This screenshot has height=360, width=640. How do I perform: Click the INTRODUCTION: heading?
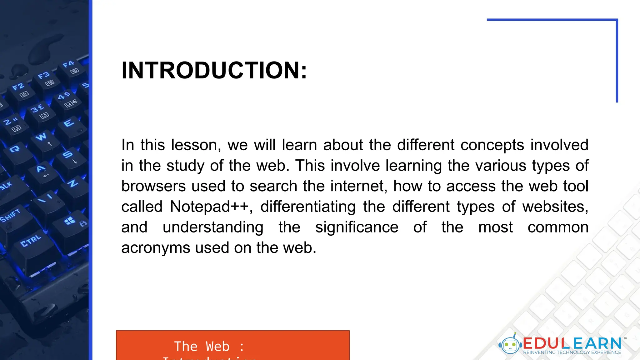(214, 70)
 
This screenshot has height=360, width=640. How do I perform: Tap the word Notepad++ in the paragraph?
(209, 207)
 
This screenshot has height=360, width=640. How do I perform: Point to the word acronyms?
(155, 248)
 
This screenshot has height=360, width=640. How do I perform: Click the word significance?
(357, 227)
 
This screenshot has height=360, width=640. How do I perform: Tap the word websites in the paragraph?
(555, 207)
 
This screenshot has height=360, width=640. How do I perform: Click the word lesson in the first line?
(196, 145)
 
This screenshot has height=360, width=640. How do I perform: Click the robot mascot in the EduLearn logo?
(510, 345)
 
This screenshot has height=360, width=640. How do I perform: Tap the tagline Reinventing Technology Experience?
(572, 352)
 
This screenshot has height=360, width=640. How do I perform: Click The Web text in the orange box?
(202, 347)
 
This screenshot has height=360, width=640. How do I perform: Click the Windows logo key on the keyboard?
(70, 221)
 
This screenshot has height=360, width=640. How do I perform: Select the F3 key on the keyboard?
(44, 76)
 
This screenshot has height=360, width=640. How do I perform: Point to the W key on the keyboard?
(41, 137)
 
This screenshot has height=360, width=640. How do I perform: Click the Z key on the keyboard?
(73, 183)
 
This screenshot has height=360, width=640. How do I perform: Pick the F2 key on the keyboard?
(18, 87)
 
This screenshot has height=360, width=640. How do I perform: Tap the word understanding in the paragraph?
(213, 227)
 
